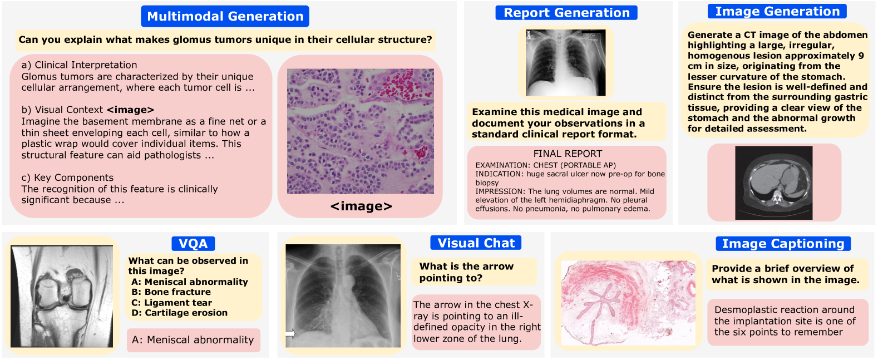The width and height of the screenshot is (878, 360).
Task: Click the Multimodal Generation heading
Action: (225, 16)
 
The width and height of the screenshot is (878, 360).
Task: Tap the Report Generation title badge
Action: (566, 13)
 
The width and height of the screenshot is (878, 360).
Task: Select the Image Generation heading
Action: (777, 11)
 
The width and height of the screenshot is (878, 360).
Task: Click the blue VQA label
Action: (193, 244)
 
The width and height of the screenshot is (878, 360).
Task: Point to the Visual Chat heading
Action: (476, 243)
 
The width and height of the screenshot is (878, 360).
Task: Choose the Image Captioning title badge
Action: (783, 244)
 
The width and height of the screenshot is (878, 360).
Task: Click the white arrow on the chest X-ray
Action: (290, 333)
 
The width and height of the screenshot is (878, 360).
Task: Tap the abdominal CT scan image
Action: (774, 183)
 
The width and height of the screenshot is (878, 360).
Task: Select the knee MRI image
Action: (62, 296)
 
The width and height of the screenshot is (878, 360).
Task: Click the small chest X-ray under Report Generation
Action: (566, 63)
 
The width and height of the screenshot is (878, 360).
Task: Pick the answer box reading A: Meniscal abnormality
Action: (193, 339)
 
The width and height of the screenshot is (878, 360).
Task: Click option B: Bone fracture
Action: (171, 292)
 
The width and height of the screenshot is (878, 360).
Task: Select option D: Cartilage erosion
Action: (180, 313)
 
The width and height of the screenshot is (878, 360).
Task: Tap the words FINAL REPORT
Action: (568, 154)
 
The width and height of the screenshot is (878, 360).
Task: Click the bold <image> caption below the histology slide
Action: (361, 206)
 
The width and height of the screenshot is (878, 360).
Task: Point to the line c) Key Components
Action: (67, 177)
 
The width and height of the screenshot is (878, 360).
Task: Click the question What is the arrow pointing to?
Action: (466, 272)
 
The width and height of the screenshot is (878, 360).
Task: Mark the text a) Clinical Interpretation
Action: (79, 65)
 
